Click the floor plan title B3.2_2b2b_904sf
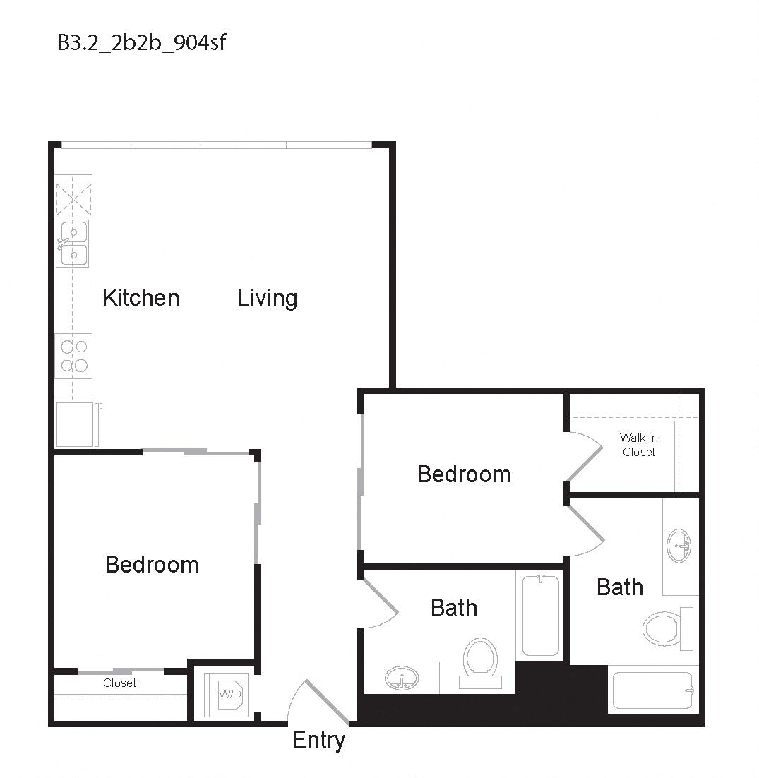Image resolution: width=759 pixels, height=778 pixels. coord(141,43)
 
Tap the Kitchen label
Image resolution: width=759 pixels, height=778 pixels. coord(141,298)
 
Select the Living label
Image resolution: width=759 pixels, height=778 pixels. coord(267,298)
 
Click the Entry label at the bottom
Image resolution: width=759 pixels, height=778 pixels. coord(318,740)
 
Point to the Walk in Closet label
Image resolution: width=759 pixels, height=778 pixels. coord(639,445)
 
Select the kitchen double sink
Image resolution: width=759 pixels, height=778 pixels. coord(73,244)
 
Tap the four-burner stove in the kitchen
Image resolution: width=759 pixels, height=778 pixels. coord(74,355)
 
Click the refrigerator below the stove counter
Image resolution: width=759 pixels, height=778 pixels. coord(75,424)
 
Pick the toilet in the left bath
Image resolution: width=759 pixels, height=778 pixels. coord(481,661)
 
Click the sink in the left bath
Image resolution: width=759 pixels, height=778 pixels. coord(402,679)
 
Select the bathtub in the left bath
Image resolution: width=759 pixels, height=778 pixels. coord(542,616)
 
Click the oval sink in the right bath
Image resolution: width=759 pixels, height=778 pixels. coord(679,545)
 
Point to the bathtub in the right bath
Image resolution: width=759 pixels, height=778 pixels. coord(652,690)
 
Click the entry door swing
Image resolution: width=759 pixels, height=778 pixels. coord(321,702)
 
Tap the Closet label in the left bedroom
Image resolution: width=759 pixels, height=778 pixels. coord(120,683)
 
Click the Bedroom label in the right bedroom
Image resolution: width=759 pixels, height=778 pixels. coord(464,474)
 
